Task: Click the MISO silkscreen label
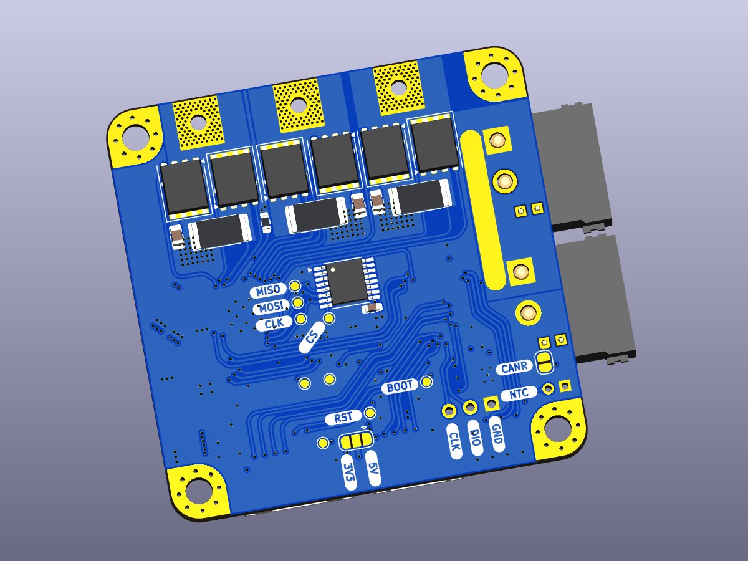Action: pyautogui.click(x=268, y=291)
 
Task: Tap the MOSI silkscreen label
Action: pyautogui.click(x=272, y=307)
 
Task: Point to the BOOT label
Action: pyautogui.click(x=400, y=386)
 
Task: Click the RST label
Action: pyautogui.click(x=343, y=417)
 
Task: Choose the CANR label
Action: pyautogui.click(x=514, y=368)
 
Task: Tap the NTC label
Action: pyautogui.click(x=519, y=394)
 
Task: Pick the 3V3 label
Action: pyautogui.click(x=348, y=472)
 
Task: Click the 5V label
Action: pyautogui.click(x=373, y=468)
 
